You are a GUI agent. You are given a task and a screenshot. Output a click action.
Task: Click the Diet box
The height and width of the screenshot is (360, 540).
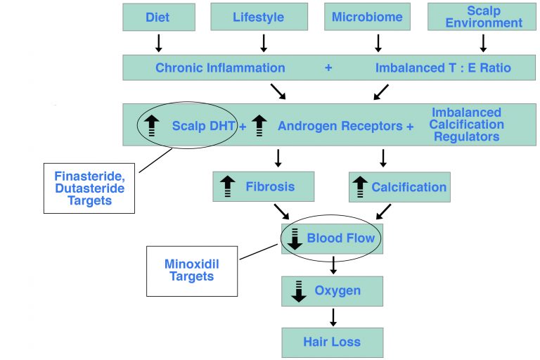pyautogui.click(x=157, y=17)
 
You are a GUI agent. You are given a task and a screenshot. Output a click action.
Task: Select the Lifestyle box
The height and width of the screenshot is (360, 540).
pyautogui.click(x=259, y=17)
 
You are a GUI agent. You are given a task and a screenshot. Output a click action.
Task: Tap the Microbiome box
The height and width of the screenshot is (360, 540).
pyautogui.click(x=367, y=17)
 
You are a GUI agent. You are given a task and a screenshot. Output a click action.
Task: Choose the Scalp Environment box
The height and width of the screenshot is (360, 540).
pyautogui.click(x=483, y=17)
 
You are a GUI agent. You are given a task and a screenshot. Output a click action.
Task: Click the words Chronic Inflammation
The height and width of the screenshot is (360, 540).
pyautogui.click(x=220, y=68)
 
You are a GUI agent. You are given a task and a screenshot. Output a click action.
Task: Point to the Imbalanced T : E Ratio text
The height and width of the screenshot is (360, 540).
pyautogui.click(x=443, y=68)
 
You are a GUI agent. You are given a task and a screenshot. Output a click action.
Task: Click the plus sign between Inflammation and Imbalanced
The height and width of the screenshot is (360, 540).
pyautogui.click(x=328, y=68)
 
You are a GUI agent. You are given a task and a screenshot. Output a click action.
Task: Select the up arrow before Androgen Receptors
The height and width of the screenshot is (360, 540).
pyautogui.click(x=259, y=125)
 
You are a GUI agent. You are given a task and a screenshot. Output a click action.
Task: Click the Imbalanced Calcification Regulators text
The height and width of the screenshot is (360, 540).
pyautogui.click(x=468, y=124)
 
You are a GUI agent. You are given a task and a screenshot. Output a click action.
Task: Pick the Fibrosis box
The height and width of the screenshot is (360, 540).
pyautogui.click(x=263, y=187)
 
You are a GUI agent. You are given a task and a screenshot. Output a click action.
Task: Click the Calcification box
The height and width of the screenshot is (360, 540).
pyautogui.click(x=399, y=187)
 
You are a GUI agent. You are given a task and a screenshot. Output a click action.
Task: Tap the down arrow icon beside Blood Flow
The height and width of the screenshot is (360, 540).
pyautogui.click(x=295, y=238)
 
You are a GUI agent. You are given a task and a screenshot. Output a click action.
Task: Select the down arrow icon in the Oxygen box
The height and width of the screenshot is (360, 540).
pyautogui.click(x=298, y=290)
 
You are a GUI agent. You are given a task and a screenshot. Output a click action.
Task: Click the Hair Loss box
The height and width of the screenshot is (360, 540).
pyautogui.click(x=332, y=342)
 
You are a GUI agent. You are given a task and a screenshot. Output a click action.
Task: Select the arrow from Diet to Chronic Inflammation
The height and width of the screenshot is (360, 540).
pyautogui.click(x=158, y=44)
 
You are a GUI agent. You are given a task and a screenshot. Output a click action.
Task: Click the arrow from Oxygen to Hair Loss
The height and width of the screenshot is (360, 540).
pyautogui.click(x=333, y=316)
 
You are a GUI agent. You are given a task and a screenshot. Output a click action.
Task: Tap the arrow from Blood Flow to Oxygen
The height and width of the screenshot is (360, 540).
pyautogui.click(x=333, y=265)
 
